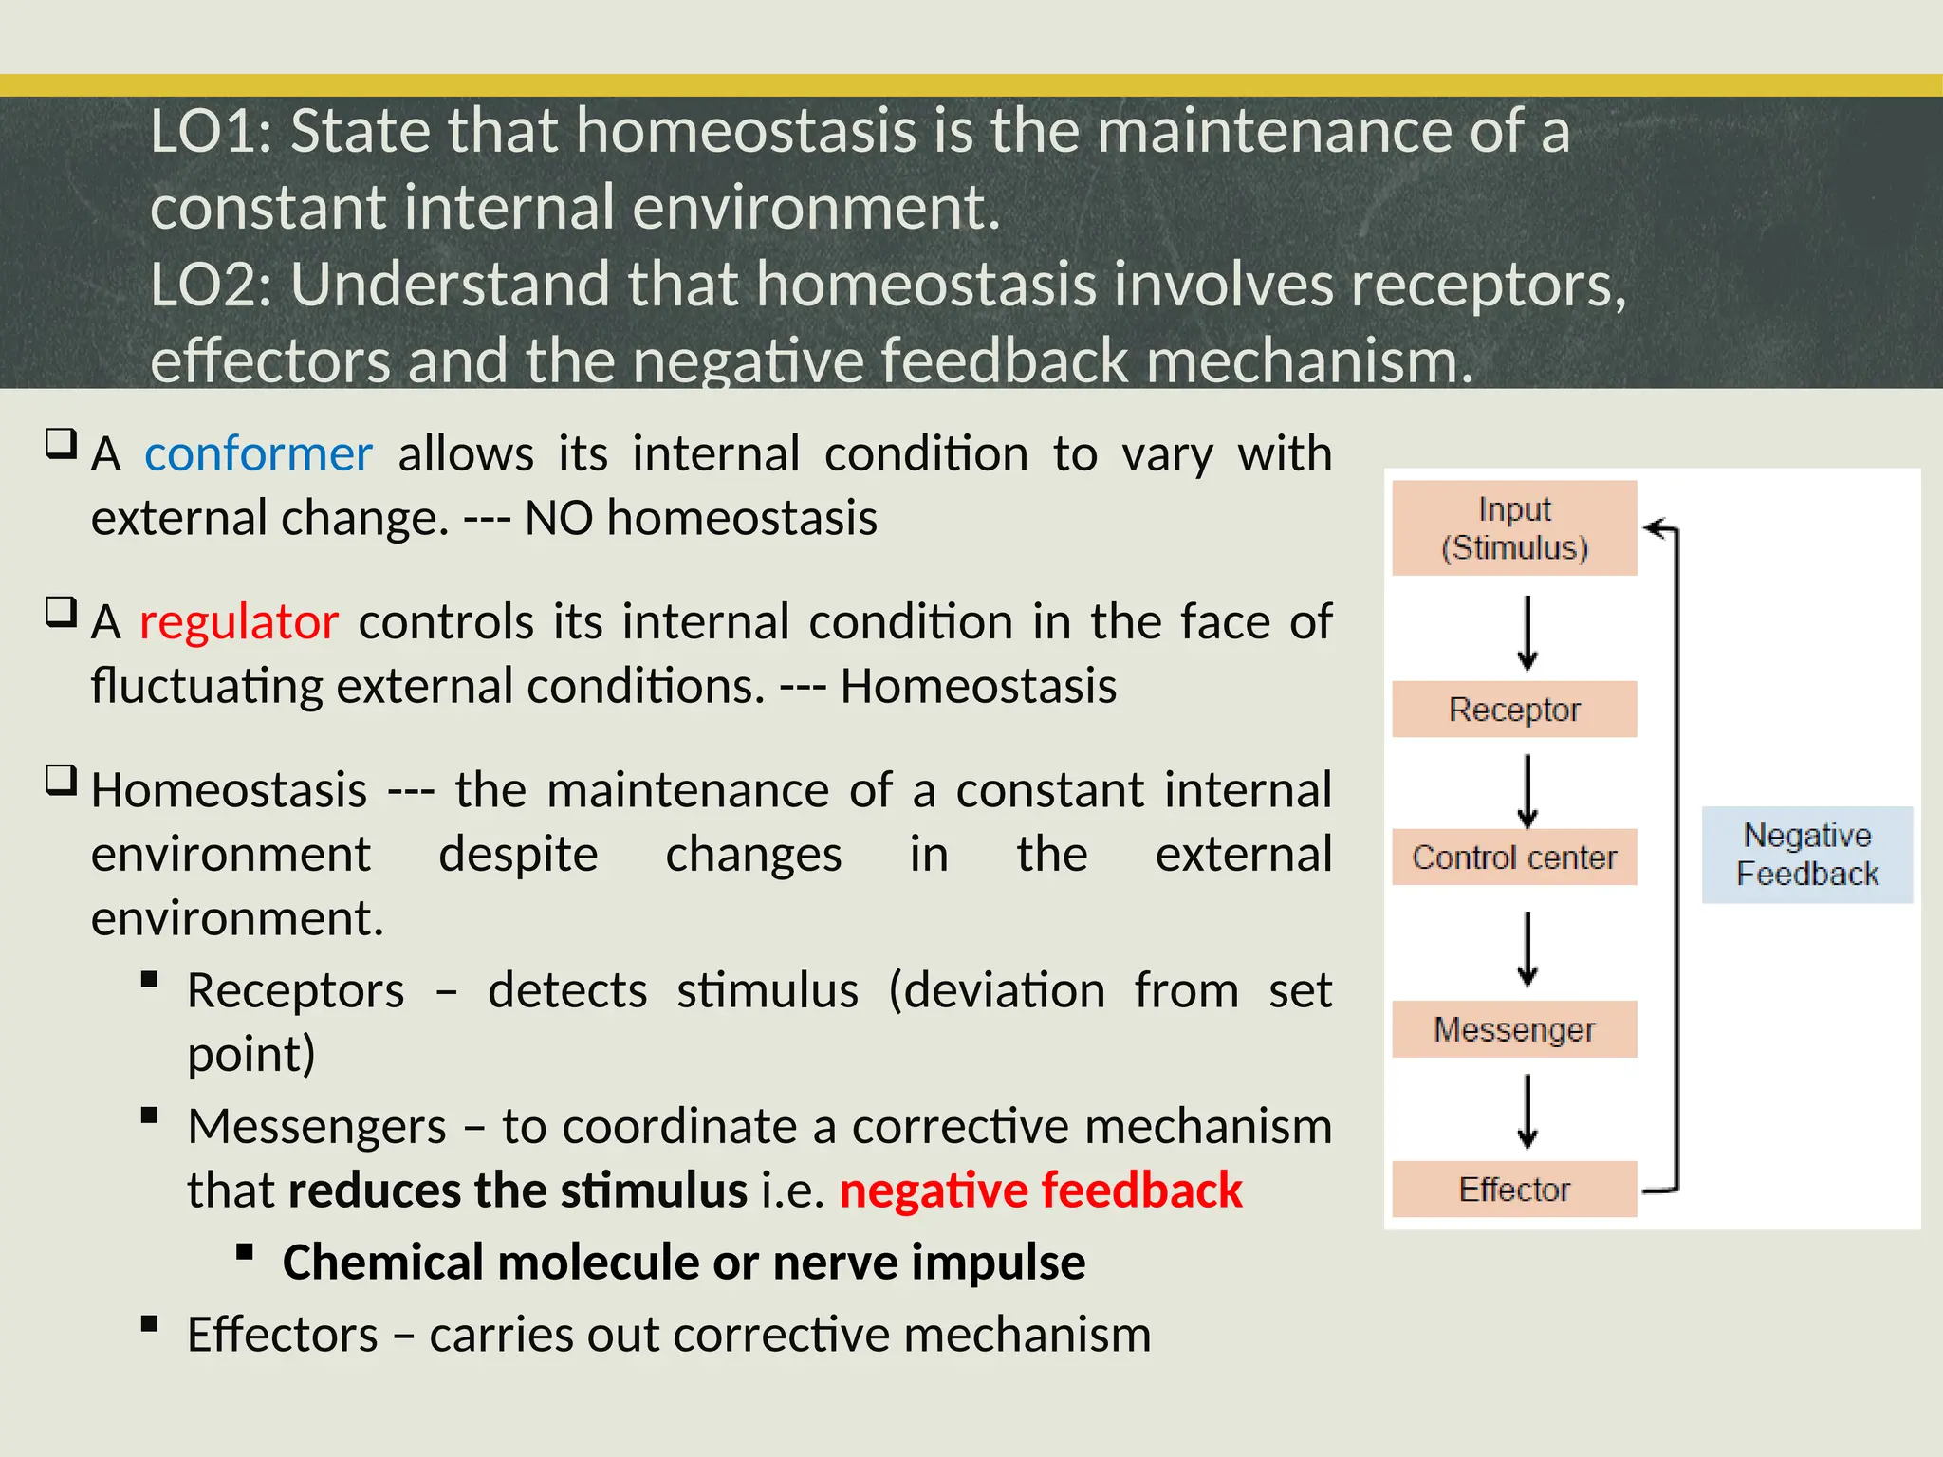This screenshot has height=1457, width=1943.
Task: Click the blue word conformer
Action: (x=258, y=454)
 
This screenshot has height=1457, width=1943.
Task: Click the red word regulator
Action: (x=239, y=622)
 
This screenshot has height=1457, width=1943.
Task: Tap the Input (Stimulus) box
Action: (x=1514, y=528)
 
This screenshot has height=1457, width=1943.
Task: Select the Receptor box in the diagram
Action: (x=1514, y=710)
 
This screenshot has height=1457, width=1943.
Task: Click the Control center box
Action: (x=1514, y=858)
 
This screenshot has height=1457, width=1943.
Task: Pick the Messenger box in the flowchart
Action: (x=1514, y=1029)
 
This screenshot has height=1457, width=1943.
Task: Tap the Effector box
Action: (x=1514, y=1190)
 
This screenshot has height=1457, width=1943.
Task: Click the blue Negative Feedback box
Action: (x=1807, y=855)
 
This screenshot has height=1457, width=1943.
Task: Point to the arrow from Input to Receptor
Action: (x=1527, y=632)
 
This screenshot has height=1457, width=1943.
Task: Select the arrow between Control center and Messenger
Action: (x=1527, y=948)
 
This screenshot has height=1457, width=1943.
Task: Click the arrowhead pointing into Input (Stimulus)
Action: (x=1656, y=528)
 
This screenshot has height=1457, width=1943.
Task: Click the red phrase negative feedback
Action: (x=1041, y=1190)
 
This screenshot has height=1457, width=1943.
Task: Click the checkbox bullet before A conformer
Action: (x=61, y=443)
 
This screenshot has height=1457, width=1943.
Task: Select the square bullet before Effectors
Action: (x=149, y=1324)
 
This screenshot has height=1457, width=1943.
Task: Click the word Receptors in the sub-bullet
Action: (x=295, y=991)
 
